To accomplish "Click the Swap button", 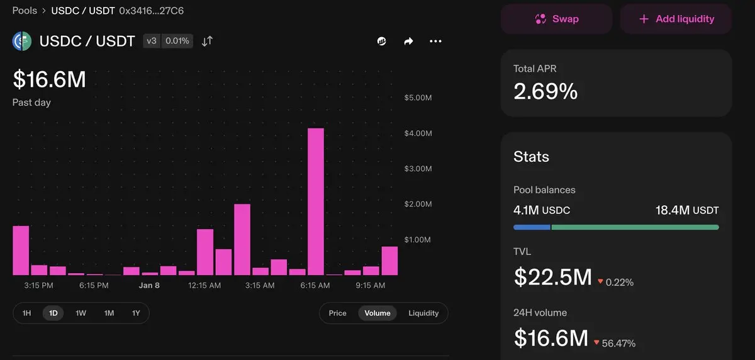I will point(556,19).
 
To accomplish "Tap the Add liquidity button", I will point(676,19).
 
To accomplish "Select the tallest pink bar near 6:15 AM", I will point(315,201).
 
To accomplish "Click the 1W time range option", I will point(81,313).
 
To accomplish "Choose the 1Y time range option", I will point(136,313).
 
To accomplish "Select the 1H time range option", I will point(26,313).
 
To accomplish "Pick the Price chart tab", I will point(337,313).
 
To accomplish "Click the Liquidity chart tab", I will point(423,313).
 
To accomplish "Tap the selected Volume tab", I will point(377,313).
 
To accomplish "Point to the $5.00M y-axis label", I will point(418,98).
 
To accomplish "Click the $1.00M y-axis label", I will point(418,240).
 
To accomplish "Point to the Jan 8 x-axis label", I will point(149,285).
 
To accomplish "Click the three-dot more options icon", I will point(435,42).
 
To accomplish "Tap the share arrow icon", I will point(408,42).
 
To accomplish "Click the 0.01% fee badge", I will point(177,41).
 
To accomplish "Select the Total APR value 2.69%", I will point(545,92).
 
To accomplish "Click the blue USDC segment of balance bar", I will point(532,227).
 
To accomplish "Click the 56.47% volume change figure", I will point(620,343).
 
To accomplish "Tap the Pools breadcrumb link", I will point(25,11).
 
